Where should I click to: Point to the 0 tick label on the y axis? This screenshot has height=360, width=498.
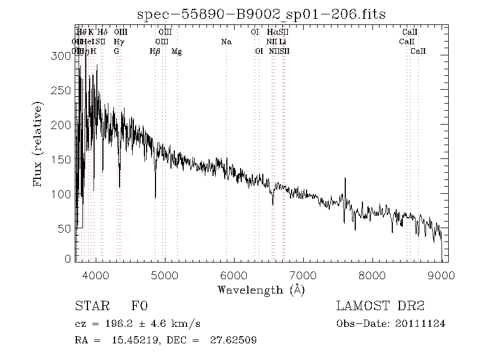pyautogui.click(x=68, y=259)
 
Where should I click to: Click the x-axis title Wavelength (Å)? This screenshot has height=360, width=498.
pyautogui.click(x=261, y=290)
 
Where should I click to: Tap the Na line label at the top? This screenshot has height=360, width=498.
pyautogui.click(x=226, y=42)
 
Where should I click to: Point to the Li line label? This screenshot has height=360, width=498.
pyautogui.click(x=283, y=42)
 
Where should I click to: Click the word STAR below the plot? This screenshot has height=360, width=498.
pyautogui.click(x=89, y=306)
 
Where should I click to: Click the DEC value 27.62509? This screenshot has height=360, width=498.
pyautogui.click(x=232, y=340)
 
